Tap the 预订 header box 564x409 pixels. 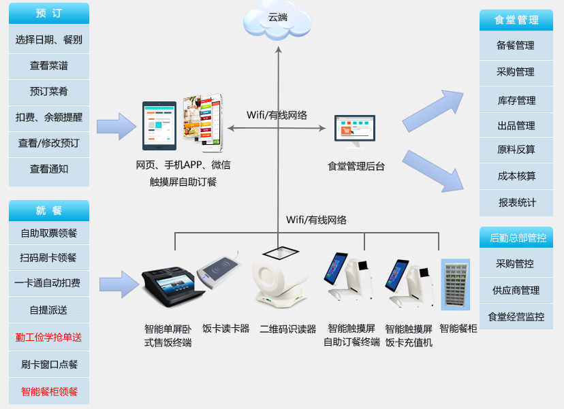click(x=49, y=14)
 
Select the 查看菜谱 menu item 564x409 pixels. click(x=49, y=66)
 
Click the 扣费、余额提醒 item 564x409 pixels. click(x=49, y=117)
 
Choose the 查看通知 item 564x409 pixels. click(x=49, y=169)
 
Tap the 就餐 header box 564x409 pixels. click(x=49, y=210)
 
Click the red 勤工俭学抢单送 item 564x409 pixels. click(x=49, y=337)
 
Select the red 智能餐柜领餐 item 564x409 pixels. click(x=49, y=391)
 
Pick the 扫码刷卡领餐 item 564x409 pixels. click(x=49, y=258)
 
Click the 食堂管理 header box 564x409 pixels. click(x=516, y=20)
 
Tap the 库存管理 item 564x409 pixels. click(x=516, y=100)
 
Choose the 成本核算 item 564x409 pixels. click(x=516, y=176)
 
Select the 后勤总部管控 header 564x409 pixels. click(x=516, y=238)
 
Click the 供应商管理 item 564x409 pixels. click(x=516, y=290)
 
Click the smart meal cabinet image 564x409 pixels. click(x=455, y=284)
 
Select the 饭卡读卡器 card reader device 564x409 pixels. click(x=220, y=273)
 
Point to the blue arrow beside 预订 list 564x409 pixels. click(x=116, y=126)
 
